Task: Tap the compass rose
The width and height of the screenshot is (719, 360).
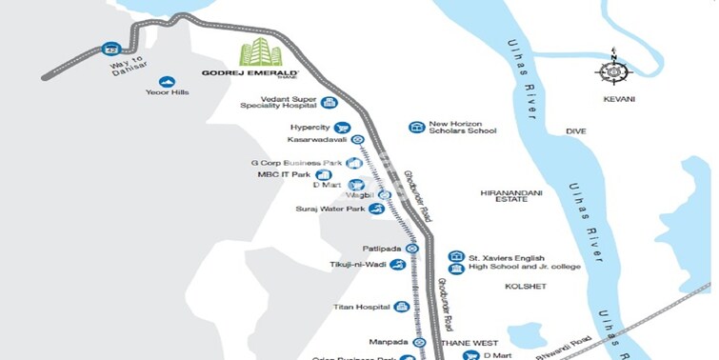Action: (612, 71)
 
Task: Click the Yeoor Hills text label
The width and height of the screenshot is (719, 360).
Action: (167, 95)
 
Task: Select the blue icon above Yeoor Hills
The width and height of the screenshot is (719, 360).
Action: (167, 82)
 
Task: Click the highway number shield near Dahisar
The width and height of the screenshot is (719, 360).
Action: (111, 49)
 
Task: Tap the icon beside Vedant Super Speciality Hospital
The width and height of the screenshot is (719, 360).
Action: (330, 103)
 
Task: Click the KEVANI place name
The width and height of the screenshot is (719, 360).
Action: (618, 98)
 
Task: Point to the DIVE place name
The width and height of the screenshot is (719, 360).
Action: (576, 131)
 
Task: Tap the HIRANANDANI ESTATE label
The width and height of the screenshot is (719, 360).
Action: (510, 197)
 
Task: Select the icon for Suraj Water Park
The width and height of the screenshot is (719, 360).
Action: (378, 208)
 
